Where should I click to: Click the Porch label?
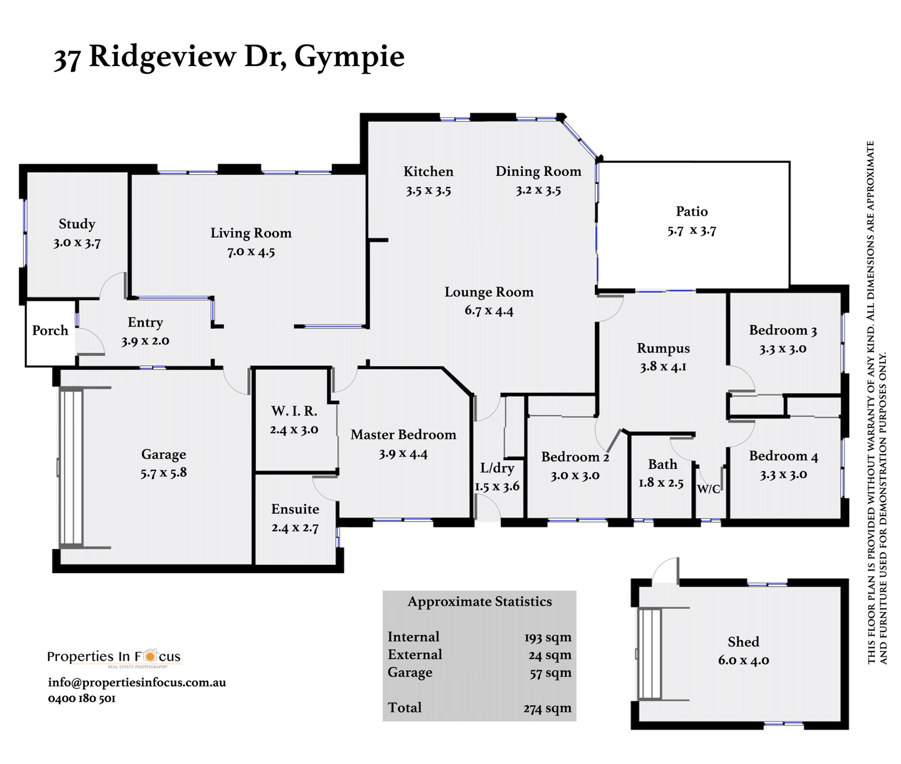(x=50, y=330)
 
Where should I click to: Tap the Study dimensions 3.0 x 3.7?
(x=77, y=243)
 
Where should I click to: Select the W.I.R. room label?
(x=294, y=411)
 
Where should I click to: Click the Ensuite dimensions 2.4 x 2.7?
(x=295, y=528)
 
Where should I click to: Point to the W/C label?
(x=708, y=489)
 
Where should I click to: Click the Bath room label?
(x=663, y=464)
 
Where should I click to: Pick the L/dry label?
(x=497, y=468)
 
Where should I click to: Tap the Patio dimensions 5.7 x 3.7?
(x=692, y=230)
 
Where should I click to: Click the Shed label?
(x=743, y=642)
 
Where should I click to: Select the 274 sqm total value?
(x=547, y=708)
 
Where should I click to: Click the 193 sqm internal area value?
(x=548, y=637)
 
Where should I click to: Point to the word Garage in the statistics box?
(x=410, y=672)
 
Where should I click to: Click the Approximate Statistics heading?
(x=480, y=602)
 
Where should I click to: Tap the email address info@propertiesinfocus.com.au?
(x=137, y=682)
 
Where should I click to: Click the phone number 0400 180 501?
(x=82, y=698)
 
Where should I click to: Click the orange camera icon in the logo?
(x=150, y=656)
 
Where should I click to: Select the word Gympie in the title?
(x=349, y=57)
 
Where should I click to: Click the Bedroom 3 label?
(x=783, y=330)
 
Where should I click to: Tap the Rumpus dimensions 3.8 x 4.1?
(x=663, y=367)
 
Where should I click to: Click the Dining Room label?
(x=538, y=171)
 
